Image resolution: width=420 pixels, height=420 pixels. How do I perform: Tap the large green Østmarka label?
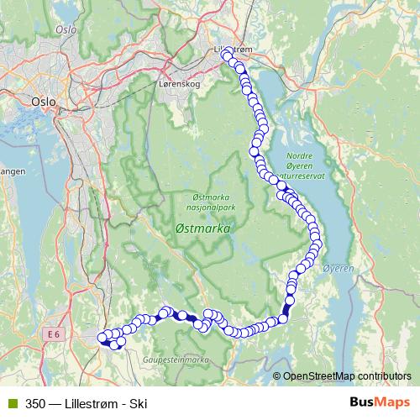pos(203,228)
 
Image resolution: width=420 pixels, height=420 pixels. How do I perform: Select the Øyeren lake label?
pos(339,268)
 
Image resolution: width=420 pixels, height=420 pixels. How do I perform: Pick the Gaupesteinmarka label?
pos(181,359)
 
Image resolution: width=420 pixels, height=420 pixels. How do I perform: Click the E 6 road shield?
pos(55,333)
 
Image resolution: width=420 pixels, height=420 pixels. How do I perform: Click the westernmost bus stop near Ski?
pos(103,338)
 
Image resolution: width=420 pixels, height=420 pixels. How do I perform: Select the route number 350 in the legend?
pos(35,402)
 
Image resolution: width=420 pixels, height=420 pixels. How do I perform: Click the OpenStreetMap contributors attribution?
pos(347,375)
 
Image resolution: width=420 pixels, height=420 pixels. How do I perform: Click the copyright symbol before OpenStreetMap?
pos(277,375)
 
